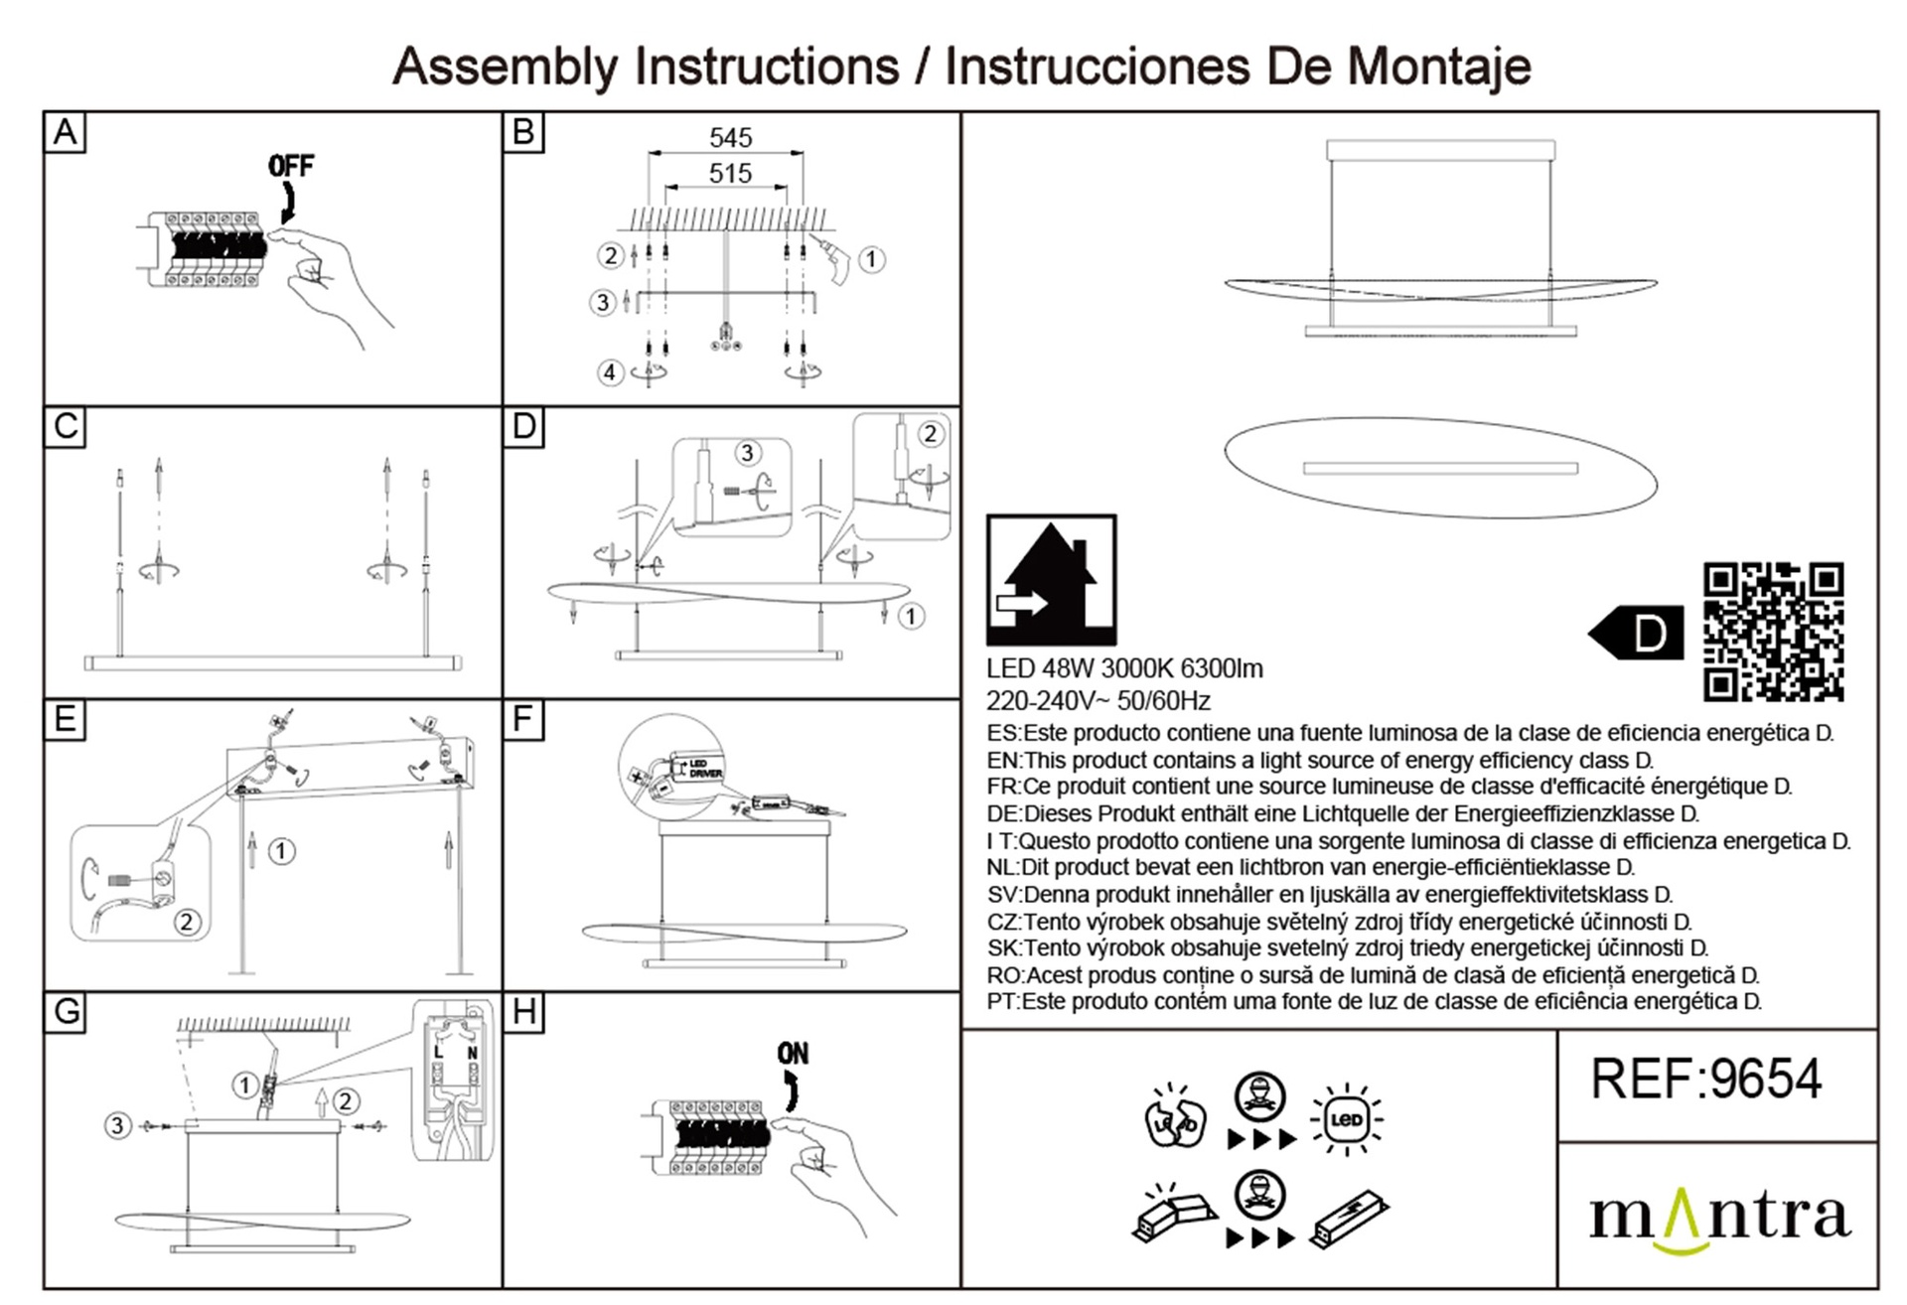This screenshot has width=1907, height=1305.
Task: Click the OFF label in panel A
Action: [x=291, y=166]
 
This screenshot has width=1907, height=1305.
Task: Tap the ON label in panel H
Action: [x=793, y=1053]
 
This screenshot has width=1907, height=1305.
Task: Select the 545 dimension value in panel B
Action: [x=730, y=138]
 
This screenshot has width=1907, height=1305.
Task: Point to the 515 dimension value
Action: [x=730, y=174]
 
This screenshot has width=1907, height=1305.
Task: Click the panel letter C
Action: [x=66, y=427]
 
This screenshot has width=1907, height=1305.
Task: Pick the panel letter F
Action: [x=523, y=719]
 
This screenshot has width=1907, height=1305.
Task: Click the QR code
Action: [x=1773, y=632]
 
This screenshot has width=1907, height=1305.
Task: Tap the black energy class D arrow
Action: [x=1637, y=633]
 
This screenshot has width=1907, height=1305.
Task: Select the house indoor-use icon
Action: [x=1051, y=580]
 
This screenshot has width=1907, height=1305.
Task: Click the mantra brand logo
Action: [x=1719, y=1218]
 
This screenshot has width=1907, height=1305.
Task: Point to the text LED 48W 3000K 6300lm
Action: [x=1124, y=668]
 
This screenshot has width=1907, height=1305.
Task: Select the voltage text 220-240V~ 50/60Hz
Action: [x=1098, y=701]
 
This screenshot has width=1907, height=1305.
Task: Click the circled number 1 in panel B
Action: [x=871, y=260]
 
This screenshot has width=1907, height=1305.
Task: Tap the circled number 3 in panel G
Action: [x=118, y=1125]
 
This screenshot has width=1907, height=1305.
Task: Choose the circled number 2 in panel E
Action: [x=186, y=922]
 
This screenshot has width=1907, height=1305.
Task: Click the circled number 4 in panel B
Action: [x=610, y=372]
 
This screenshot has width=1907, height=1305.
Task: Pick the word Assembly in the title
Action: [x=507, y=67]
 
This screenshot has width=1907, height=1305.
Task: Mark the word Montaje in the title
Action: [x=1438, y=67]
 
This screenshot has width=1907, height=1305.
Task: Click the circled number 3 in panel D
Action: [x=748, y=453]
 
